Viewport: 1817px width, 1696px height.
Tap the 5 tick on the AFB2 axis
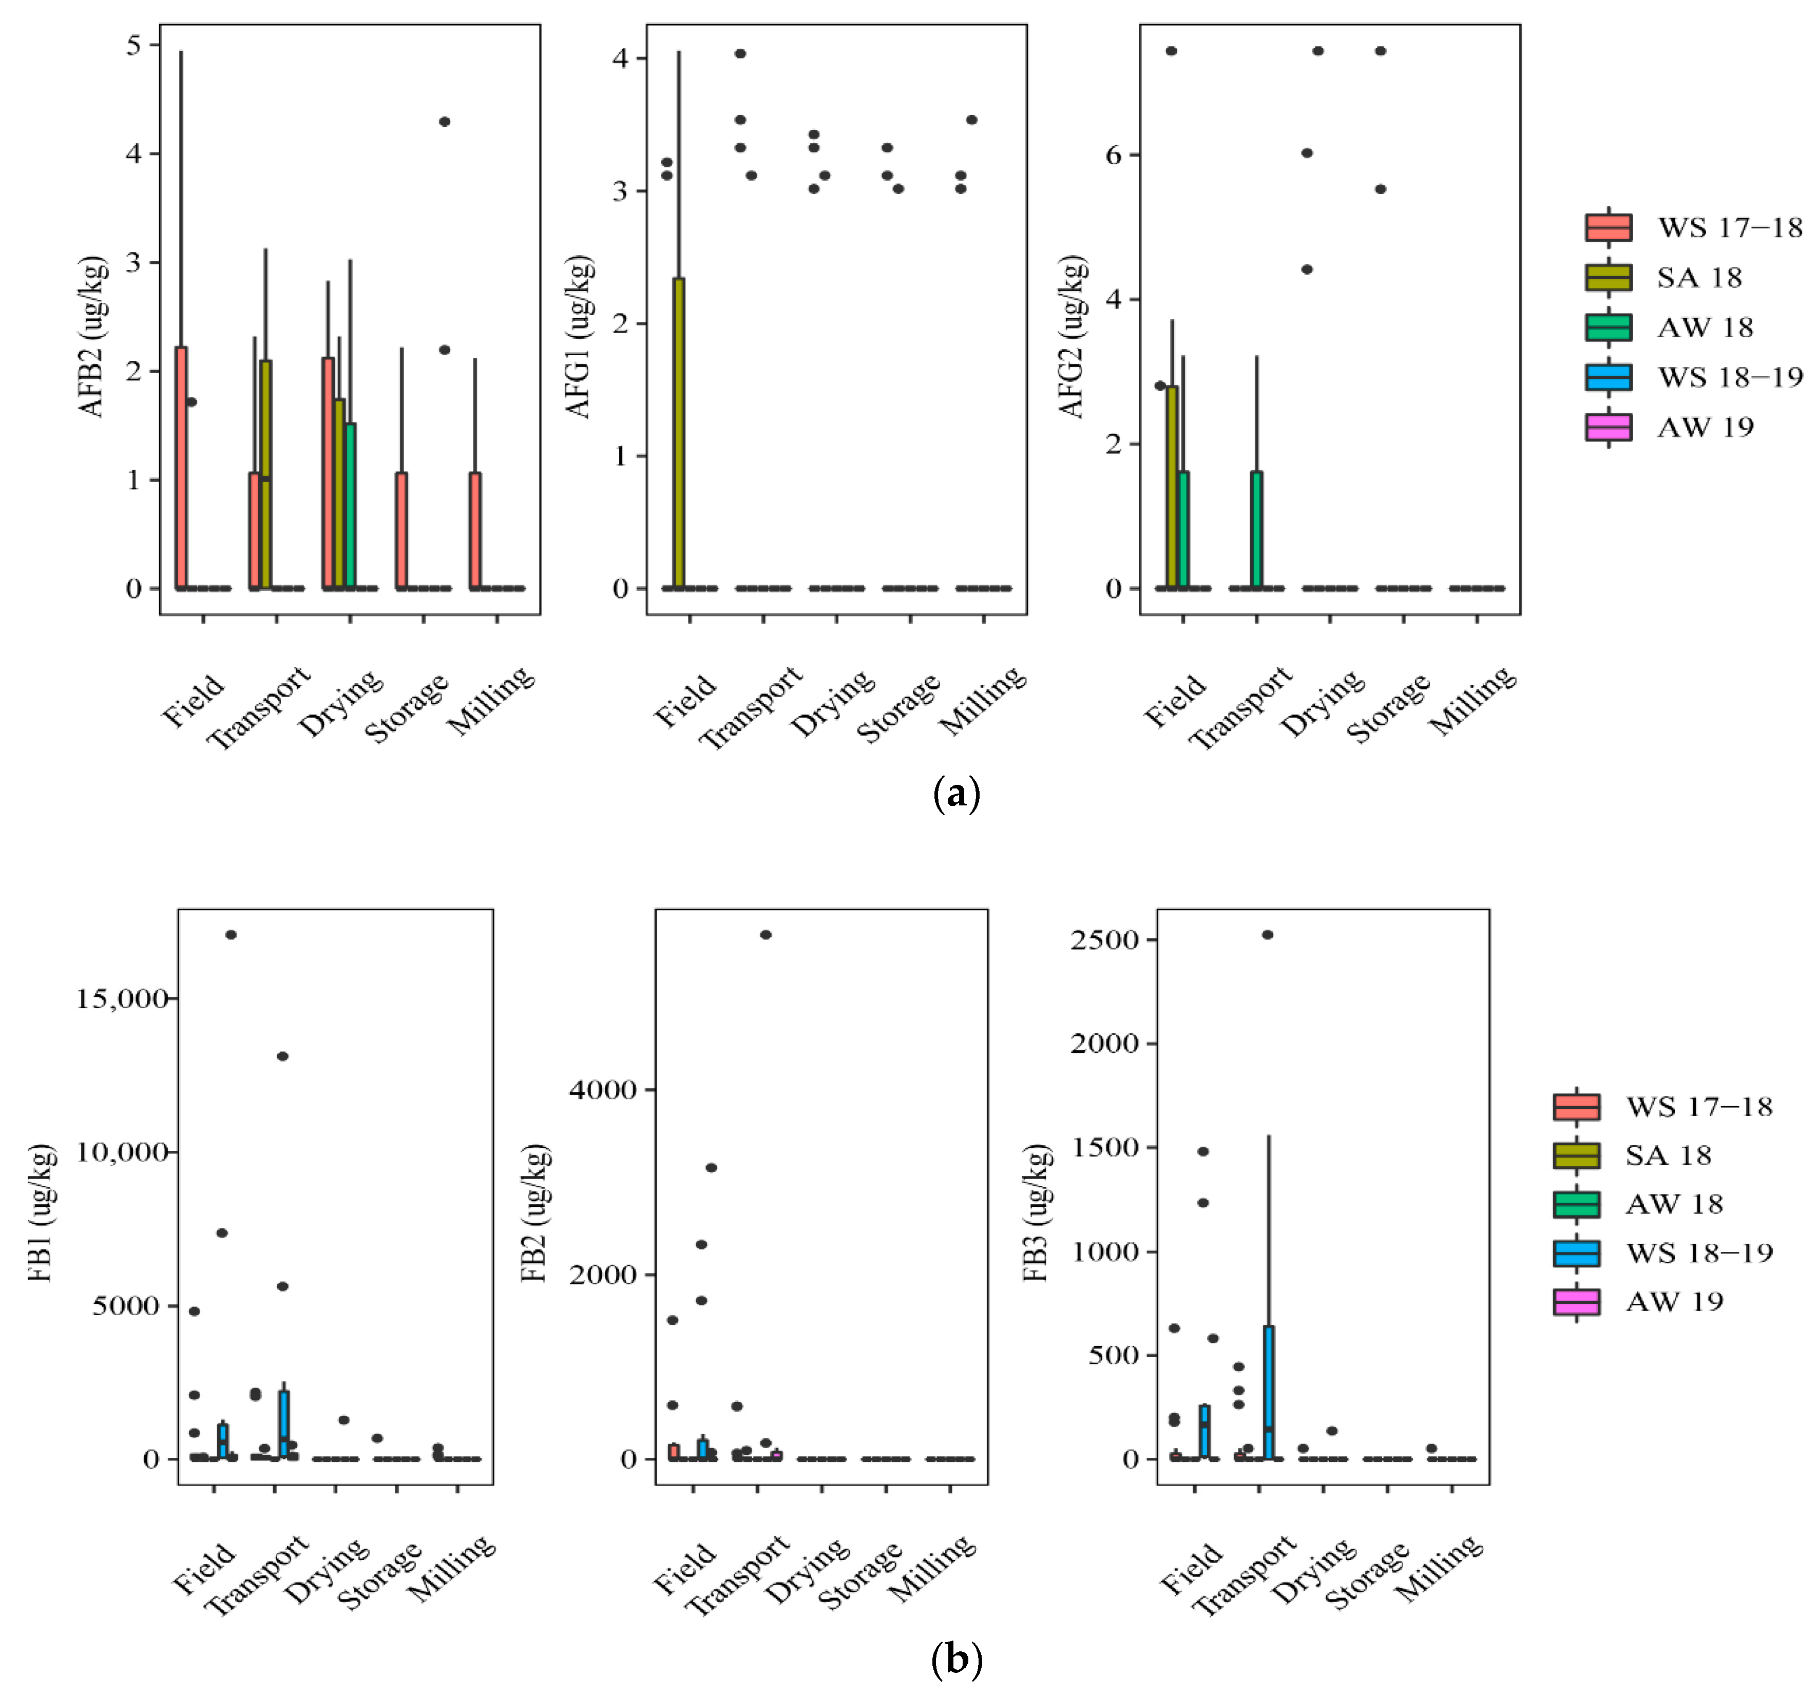(135, 45)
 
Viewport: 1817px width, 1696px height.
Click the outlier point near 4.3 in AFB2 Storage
(444, 122)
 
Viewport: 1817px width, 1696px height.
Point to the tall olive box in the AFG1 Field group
(678, 433)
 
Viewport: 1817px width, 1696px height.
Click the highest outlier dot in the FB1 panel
(231, 935)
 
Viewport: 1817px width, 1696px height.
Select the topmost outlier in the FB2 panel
(766, 935)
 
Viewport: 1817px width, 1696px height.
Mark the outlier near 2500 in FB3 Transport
(1268, 935)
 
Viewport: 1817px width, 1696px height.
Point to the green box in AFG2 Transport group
(1257, 529)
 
